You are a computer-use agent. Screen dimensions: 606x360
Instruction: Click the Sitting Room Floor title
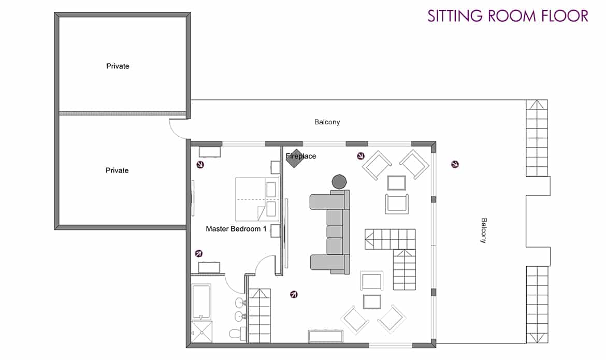508,16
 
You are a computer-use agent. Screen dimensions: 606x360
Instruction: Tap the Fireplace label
301,156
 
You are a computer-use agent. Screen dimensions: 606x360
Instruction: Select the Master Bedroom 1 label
236,229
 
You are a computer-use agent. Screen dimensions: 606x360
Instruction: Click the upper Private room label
118,66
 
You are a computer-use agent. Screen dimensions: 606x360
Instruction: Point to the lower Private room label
117,170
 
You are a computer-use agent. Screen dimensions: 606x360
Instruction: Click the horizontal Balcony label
327,122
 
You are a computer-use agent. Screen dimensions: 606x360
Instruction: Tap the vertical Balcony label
483,231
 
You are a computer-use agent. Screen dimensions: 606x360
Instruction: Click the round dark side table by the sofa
339,181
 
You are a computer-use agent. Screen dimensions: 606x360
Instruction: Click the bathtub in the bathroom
201,302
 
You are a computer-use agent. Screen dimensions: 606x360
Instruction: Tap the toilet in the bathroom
237,333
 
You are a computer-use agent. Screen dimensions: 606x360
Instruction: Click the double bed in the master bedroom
257,199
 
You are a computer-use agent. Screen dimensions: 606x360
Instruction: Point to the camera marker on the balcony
455,164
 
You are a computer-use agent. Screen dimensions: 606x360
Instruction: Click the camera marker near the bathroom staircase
294,295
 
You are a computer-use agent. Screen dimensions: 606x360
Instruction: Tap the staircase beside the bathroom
259,315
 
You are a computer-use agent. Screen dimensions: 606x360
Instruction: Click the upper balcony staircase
537,138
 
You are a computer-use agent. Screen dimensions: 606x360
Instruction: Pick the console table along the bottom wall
325,336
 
